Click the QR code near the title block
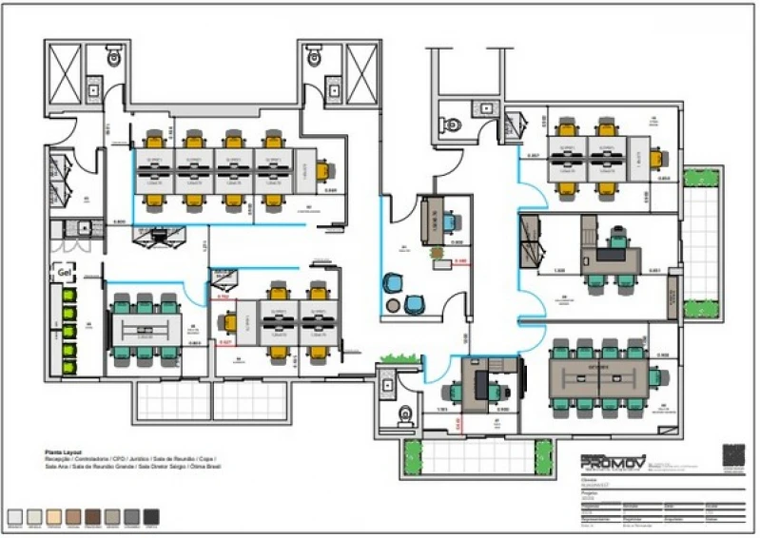pos(733,456)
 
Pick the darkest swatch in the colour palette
pos(150,516)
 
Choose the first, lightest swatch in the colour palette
pos(14,516)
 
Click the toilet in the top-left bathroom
pos(114,59)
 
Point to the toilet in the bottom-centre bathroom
pos(405,414)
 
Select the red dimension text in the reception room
pos(461,259)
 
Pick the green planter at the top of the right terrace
pos(704,178)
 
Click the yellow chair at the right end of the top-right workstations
pos(664,154)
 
